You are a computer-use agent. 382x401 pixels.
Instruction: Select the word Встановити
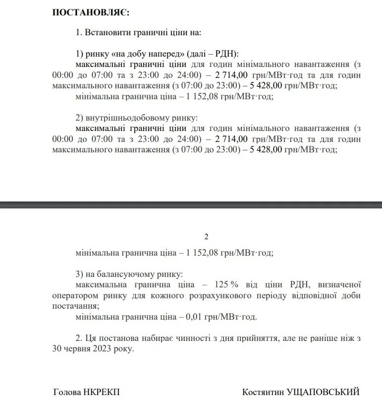pyautogui.click(x=108, y=33)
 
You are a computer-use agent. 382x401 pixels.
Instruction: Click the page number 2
pyautogui.click(x=207, y=237)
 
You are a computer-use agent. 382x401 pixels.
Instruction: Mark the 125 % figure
pyautogui.click(x=226, y=284)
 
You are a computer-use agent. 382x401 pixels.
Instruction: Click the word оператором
pyautogui.click(x=74, y=295)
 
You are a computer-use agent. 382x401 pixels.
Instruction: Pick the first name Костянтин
pyautogui.click(x=264, y=392)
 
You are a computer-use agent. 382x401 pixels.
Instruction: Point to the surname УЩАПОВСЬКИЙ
pyautogui.click(x=325, y=392)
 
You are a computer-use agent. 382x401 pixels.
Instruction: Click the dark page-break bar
pyautogui.click(x=191, y=204)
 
